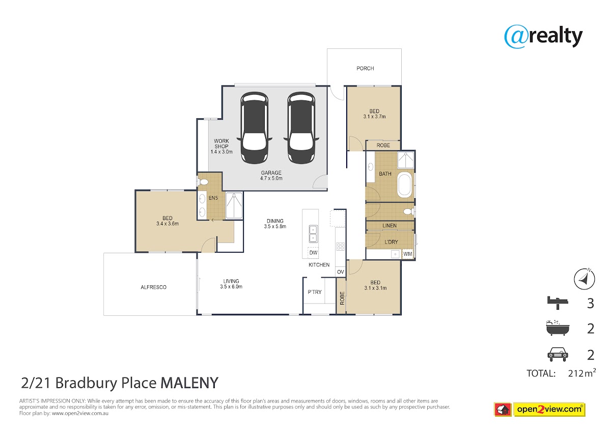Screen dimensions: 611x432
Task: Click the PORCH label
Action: pyautogui.click(x=365, y=68)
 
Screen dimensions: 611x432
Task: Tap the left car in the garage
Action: pyautogui.click(x=254, y=128)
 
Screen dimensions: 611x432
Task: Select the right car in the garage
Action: pyautogui.click(x=301, y=128)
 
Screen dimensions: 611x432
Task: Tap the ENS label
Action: pyautogui.click(x=213, y=198)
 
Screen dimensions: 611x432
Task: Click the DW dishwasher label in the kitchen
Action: pyautogui.click(x=313, y=253)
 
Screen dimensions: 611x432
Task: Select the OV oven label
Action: pyautogui.click(x=341, y=272)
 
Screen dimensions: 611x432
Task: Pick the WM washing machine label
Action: pyautogui.click(x=407, y=254)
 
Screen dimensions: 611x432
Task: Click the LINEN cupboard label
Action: pyautogui.click(x=389, y=226)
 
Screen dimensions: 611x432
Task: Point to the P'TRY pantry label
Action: pyautogui.click(x=315, y=292)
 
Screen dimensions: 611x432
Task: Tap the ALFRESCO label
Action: pyautogui.click(x=153, y=287)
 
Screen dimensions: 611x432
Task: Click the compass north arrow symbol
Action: pyautogui.click(x=585, y=279)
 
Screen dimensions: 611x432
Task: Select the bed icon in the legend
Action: pyautogui.click(x=558, y=303)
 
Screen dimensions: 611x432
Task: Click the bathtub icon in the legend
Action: pyautogui.click(x=558, y=328)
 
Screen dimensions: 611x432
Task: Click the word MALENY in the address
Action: pyautogui.click(x=189, y=383)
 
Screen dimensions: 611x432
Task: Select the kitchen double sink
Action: pyautogui.click(x=313, y=234)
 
